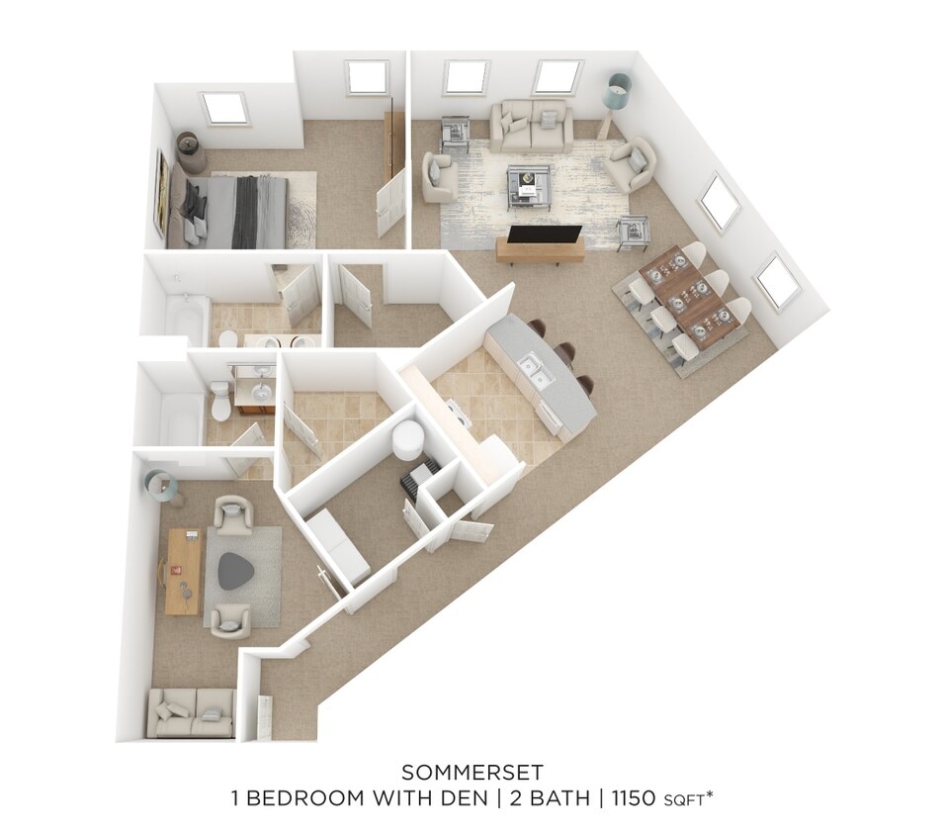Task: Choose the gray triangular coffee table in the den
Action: click(x=236, y=571)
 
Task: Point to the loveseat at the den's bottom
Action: click(x=191, y=712)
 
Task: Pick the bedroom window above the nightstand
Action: click(x=224, y=108)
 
